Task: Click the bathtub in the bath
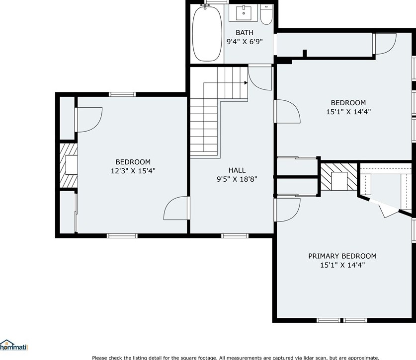(x=207, y=34)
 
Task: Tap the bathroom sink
(x=244, y=14)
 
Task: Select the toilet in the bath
(x=266, y=15)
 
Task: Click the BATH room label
(x=245, y=32)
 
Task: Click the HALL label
(x=237, y=170)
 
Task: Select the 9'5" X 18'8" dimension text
(x=237, y=179)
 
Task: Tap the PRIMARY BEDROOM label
(x=342, y=256)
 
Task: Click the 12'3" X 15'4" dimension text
(x=133, y=171)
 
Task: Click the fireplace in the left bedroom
(x=68, y=166)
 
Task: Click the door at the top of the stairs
(x=259, y=77)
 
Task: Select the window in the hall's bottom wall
(x=235, y=235)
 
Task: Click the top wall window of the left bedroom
(x=122, y=94)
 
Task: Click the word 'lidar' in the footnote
(x=302, y=358)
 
